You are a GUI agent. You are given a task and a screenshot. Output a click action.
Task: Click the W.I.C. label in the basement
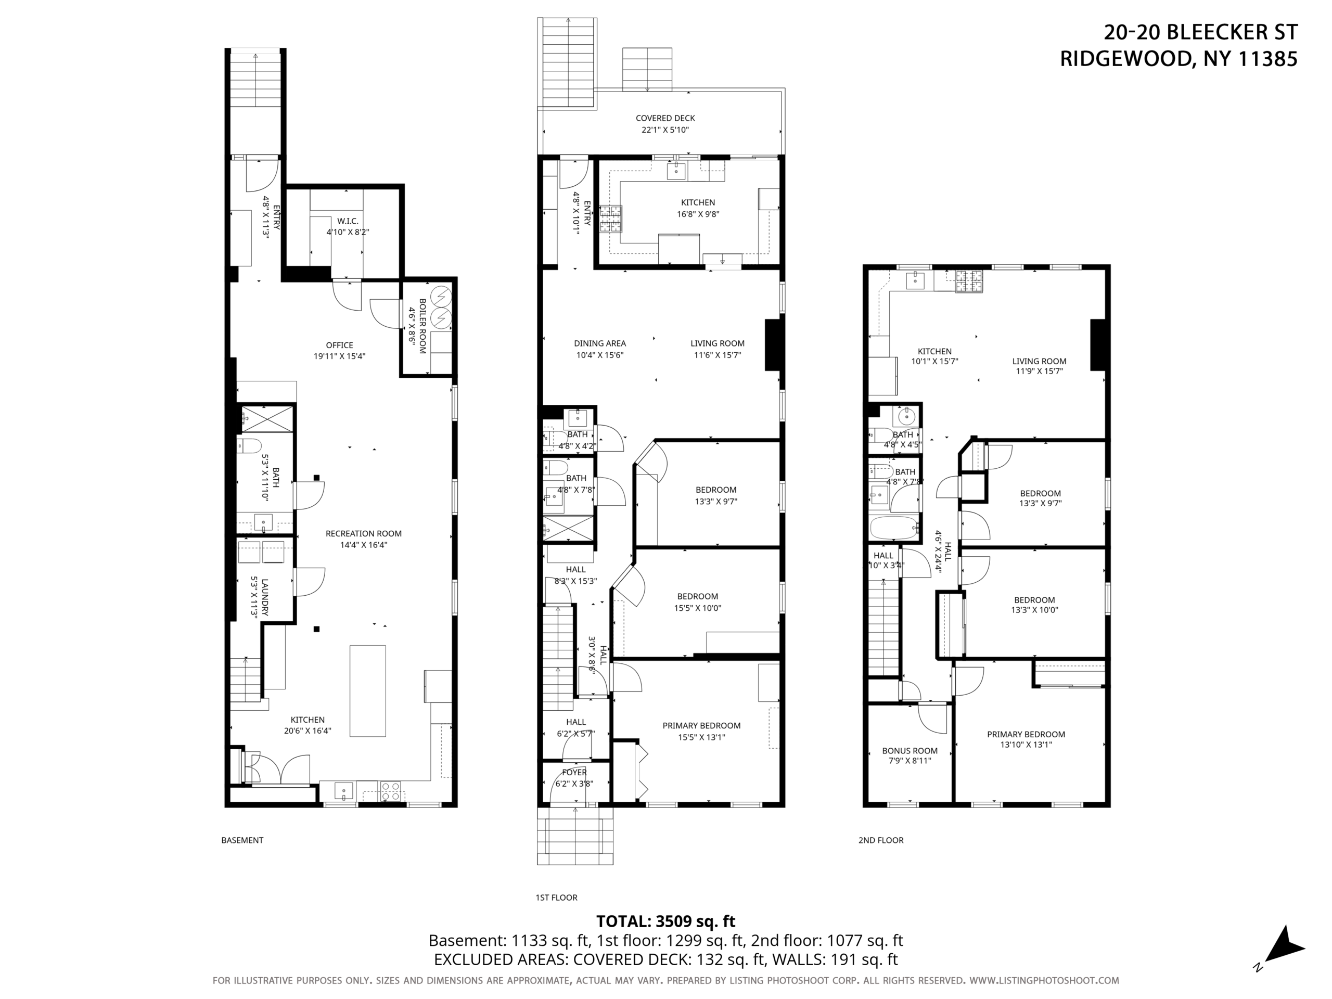click(348, 221)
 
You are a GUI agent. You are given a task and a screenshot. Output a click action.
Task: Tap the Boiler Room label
click(422, 326)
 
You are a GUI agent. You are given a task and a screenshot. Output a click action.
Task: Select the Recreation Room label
click(363, 533)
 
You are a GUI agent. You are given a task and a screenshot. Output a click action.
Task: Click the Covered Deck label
click(665, 118)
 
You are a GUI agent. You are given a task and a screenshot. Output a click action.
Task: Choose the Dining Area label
click(600, 344)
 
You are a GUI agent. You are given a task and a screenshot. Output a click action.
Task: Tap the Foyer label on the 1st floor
click(574, 773)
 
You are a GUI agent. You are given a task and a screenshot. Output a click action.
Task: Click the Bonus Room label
click(910, 751)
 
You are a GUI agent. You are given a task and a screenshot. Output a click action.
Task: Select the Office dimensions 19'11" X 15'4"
click(340, 356)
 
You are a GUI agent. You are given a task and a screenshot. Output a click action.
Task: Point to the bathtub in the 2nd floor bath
click(895, 528)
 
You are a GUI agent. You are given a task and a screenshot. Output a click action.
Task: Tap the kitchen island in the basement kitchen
click(368, 690)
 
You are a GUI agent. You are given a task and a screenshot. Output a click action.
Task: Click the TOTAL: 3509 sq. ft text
click(666, 921)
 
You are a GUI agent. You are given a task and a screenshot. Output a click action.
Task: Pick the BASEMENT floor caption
click(242, 840)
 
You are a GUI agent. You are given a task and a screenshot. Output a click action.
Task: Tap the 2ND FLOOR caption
click(881, 840)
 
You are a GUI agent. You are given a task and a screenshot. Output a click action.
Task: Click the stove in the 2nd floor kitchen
click(969, 281)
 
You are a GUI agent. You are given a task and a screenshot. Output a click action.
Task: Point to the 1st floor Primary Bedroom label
click(701, 726)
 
